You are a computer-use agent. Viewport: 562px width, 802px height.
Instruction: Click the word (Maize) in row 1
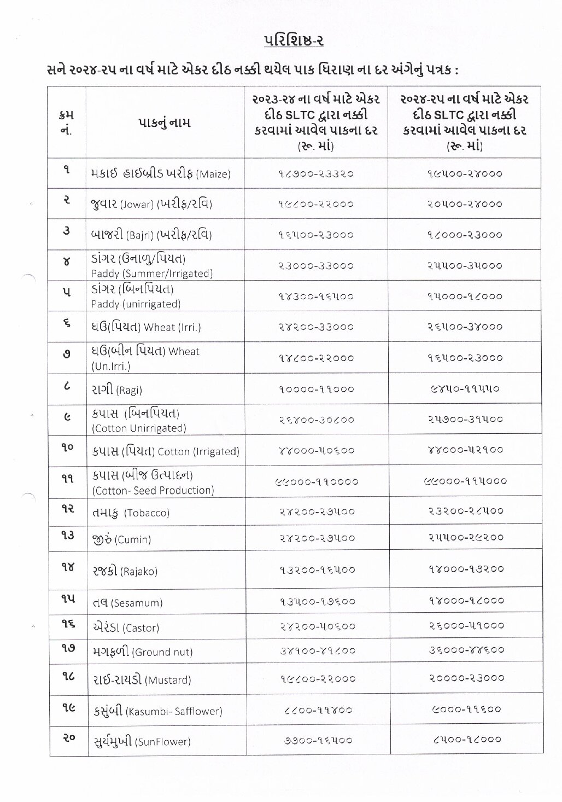point(213,175)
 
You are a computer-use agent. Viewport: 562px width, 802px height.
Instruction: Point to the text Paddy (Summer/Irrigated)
point(152,274)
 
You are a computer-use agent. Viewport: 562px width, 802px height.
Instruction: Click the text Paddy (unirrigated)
point(136,304)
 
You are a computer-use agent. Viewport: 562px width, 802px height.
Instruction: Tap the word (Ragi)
point(130,390)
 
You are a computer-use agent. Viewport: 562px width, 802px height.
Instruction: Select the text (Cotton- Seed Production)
point(153,491)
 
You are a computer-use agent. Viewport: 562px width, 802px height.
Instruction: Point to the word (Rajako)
point(139,572)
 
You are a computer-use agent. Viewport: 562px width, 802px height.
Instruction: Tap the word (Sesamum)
point(137,603)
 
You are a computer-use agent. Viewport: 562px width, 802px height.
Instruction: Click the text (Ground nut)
point(163,652)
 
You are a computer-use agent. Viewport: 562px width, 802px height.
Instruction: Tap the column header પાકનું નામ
point(164,123)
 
